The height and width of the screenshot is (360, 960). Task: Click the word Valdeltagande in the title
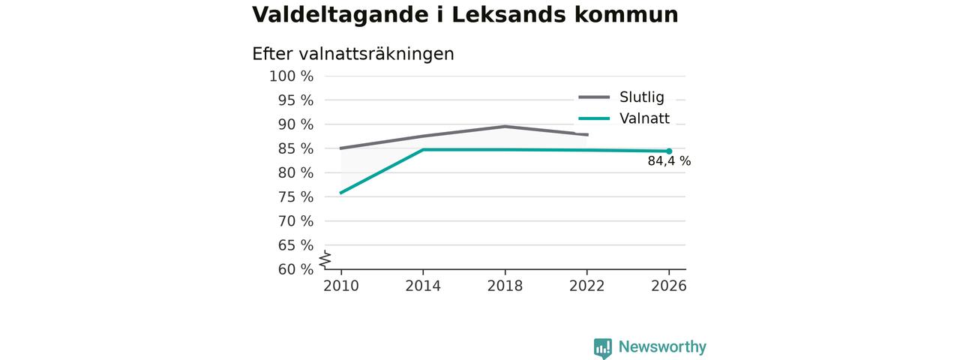point(340,16)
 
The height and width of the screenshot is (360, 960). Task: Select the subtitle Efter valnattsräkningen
point(353,54)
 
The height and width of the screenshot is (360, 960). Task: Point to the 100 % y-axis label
point(292,76)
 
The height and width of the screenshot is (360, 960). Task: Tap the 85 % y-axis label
point(295,148)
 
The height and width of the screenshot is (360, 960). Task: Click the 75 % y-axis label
point(295,197)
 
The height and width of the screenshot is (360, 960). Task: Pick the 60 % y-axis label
point(295,269)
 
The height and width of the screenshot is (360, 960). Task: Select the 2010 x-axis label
point(341,286)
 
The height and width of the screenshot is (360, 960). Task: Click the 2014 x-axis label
point(423,286)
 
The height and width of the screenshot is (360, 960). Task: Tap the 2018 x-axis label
point(505,286)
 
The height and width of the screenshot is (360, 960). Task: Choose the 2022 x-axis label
point(586,286)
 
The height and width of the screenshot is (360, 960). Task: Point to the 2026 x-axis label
point(668,286)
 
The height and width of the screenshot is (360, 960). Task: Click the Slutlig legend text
point(642,97)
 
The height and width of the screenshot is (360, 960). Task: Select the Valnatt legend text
point(644,118)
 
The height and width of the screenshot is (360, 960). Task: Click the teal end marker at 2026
point(669,151)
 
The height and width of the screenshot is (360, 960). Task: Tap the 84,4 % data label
point(669,161)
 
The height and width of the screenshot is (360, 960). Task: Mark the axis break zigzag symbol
point(325,259)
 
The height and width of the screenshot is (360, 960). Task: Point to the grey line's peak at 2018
point(505,126)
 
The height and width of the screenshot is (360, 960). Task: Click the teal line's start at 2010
point(341,193)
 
